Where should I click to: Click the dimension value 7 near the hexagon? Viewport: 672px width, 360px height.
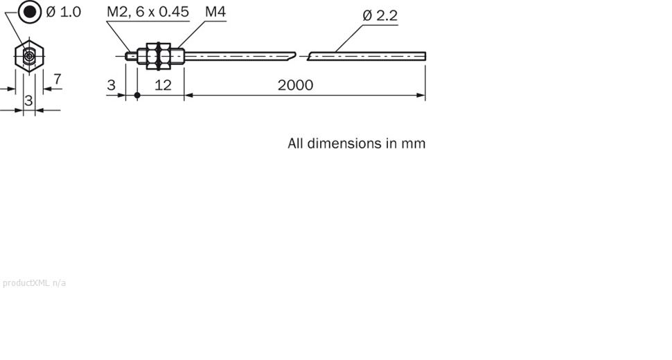pyautogui.click(x=57, y=79)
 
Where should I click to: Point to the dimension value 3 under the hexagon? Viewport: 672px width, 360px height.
pyautogui.click(x=28, y=101)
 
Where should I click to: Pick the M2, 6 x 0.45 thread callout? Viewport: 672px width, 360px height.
pyautogui.click(x=148, y=12)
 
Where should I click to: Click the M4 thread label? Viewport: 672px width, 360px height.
pyautogui.click(x=215, y=12)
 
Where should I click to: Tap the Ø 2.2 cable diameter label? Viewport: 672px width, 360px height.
pyautogui.click(x=380, y=15)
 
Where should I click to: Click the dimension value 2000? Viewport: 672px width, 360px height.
pyautogui.click(x=295, y=85)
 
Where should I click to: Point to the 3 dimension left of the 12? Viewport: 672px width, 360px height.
pyautogui.click(x=111, y=85)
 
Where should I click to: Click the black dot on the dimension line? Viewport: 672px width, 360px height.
pyautogui.click(x=137, y=96)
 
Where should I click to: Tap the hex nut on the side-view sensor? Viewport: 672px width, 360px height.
pyautogui.click(x=159, y=56)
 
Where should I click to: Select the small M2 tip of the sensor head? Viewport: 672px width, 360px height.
pyautogui.click(x=131, y=56)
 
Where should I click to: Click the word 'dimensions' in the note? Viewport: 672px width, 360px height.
pyautogui.click(x=344, y=143)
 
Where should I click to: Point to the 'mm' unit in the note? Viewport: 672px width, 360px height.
pyautogui.click(x=414, y=143)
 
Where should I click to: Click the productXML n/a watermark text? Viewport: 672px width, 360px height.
pyautogui.click(x=35, y=282)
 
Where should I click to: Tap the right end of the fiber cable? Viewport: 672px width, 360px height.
pyautogui.click(x=423, y=56)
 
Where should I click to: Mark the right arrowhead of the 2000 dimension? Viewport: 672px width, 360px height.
pyautogui.click(x=421, y=96)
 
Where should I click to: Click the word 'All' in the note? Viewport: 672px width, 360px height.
pyautogui.click(x=296, y=143)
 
